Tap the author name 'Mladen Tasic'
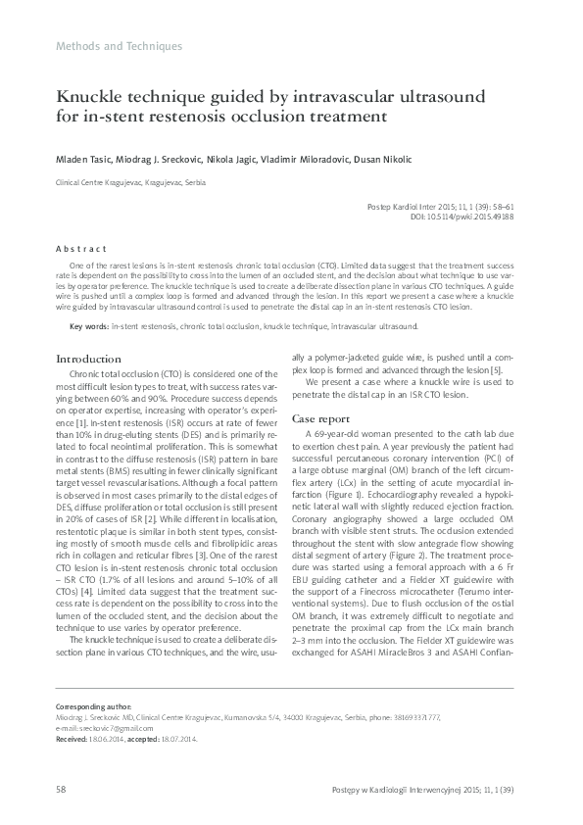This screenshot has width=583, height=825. pos(83,160)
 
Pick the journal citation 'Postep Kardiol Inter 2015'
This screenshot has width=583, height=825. pos(412,207)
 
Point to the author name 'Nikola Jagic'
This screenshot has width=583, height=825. pos(246,160)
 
